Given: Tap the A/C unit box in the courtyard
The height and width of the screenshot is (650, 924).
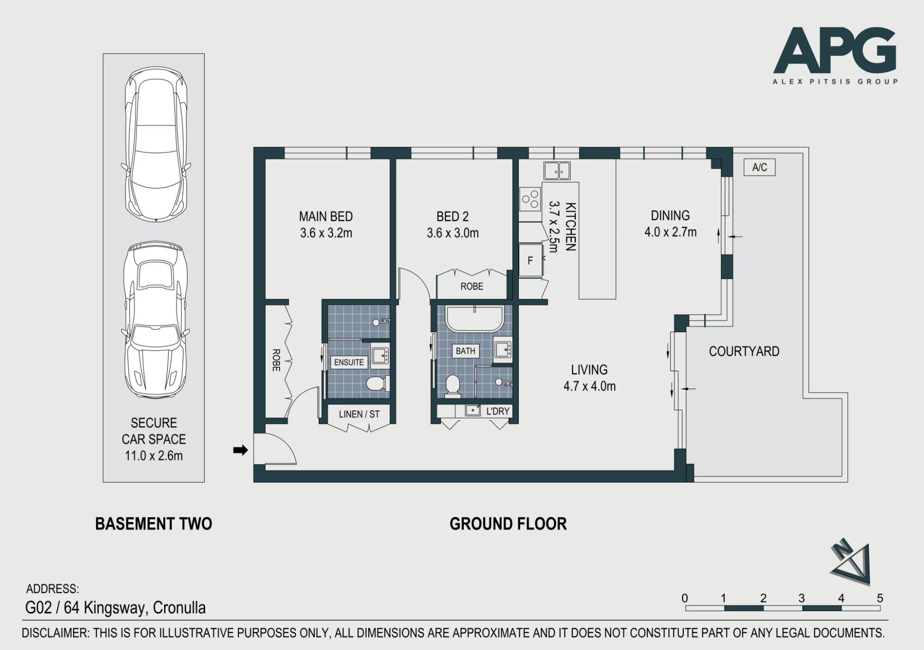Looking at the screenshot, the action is (x=760, y=167).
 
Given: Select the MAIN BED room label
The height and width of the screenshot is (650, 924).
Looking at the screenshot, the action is (x=326, y=216).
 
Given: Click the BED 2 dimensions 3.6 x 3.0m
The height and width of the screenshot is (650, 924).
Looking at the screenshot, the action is (x=453, y=233).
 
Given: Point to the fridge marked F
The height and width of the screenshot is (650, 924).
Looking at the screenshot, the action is (x=530, y=261).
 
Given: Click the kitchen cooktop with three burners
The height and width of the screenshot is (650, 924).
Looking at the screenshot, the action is (x=530, y=198).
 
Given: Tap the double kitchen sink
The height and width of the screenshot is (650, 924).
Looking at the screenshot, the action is (x=557, y=170).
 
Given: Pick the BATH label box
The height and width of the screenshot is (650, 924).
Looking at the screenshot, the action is (x=465, y=351).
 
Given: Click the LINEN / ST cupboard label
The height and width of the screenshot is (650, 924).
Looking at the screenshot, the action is (x=359, y=414).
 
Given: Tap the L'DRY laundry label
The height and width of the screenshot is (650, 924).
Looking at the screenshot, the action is (x=498, y=411).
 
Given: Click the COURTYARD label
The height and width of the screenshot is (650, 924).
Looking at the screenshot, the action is (x=744, y=352).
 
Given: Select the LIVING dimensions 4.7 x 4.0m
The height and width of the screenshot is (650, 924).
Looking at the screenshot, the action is (x=590, y=386).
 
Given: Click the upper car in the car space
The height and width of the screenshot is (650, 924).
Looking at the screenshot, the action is (x=156, y=145).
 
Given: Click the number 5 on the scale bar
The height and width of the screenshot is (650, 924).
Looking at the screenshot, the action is (x=880, y=598).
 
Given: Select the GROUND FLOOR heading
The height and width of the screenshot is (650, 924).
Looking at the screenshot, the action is (x=508, y=524).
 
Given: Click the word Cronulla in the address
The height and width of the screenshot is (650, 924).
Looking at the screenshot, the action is (x=179, y=607).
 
